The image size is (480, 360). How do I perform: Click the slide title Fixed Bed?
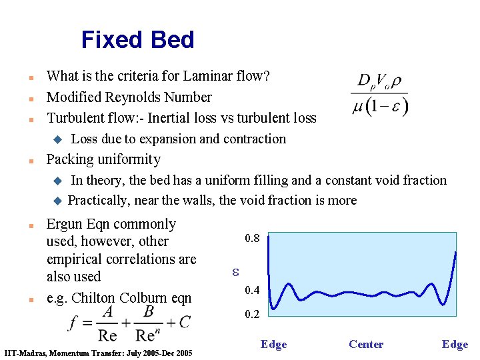(x=137, y=40)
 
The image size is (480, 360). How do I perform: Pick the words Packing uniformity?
(x=103, y=159)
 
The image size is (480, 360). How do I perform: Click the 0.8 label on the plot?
(x=253, y=238)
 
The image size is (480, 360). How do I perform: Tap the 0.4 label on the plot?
(x=253, y=290)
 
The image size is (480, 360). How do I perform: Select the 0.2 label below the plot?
(x=253, y=314)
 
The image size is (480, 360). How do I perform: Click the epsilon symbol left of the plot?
(x=235, y=272)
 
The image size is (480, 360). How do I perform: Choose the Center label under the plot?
(x=366, y=344)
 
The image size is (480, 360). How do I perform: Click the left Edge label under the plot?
(x=273, y=344)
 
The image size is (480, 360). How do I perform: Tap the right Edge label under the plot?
(x=455, y=344)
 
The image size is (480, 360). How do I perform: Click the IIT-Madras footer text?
(x=98, y=353)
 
